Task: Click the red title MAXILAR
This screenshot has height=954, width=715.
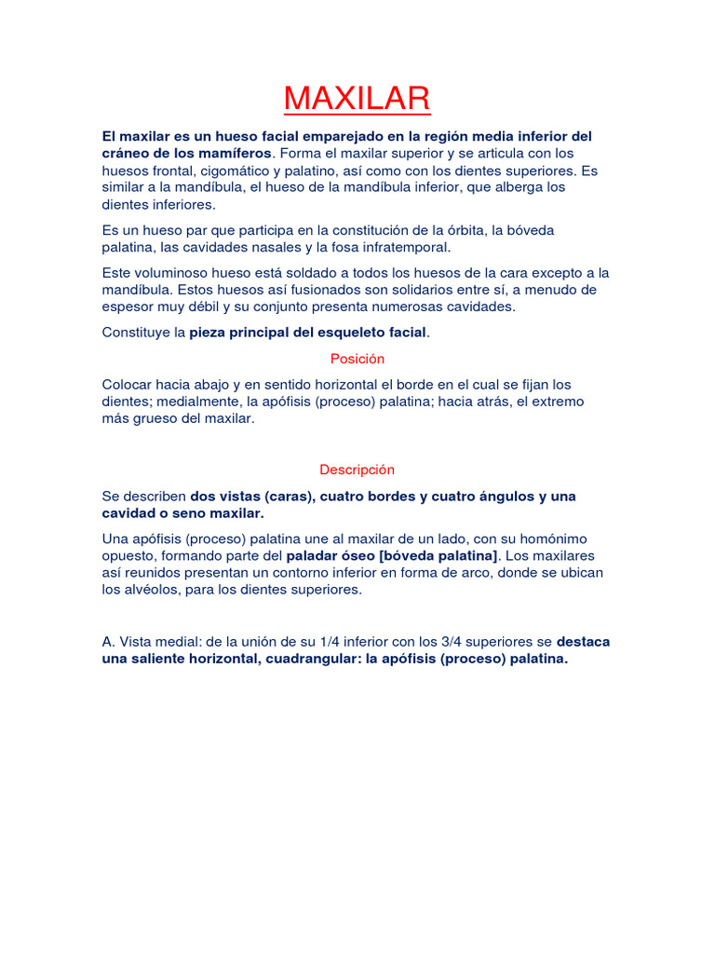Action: click(357, 98)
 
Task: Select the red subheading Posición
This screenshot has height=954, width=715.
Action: click(357, 359)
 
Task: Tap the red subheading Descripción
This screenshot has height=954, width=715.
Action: click(357, 470)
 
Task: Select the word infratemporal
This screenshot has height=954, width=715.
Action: click(398, 247)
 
